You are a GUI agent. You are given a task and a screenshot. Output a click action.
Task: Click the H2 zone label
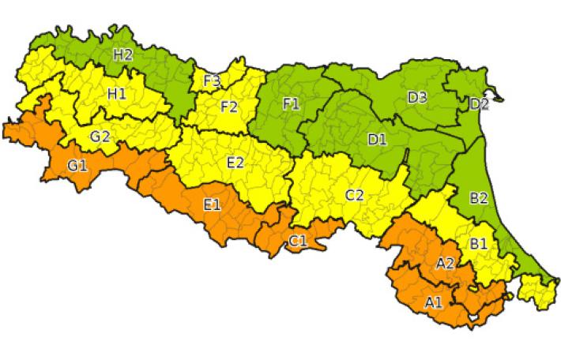coord(122,54)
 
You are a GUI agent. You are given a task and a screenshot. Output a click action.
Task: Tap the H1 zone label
coord(117,94)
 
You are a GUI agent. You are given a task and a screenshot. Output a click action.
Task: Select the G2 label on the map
coord(100,135)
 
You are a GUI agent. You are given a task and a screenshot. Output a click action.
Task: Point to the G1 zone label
coord(77,165)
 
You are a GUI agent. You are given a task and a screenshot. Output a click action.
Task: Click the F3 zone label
coord(211,80)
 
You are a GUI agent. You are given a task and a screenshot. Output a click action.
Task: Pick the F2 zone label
coord(229,107)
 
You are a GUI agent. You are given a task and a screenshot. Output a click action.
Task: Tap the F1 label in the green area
coord(291,103)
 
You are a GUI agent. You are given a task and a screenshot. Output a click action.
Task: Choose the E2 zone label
coord(235,163)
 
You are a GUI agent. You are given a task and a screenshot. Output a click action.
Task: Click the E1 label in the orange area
coord(212,205)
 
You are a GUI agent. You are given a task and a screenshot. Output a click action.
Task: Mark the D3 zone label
coord(417,97)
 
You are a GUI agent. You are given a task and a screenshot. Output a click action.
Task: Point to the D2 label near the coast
coord(479,104)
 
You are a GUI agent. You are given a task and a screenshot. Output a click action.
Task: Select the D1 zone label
coord(377,140)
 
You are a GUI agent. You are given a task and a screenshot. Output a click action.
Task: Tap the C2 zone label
coord(354,195)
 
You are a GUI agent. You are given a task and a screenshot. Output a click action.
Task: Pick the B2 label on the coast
coord(479,198)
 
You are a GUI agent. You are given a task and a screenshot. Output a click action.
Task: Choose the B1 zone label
coord(479,244)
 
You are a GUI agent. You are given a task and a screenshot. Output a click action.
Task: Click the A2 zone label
coord(445,263)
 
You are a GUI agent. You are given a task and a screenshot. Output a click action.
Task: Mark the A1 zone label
coord(434,302)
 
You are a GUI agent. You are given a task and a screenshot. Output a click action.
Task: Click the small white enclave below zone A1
coord(474,320)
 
